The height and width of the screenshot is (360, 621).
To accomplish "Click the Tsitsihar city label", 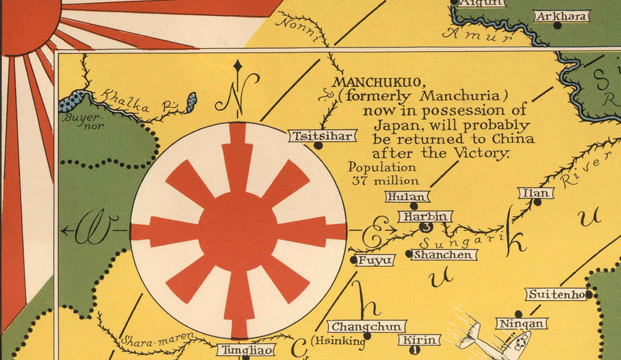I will [x=322, y=136].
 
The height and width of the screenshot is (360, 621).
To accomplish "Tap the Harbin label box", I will [x=425, y=217].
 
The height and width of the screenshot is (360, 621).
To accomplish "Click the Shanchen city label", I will [x=445, y=254].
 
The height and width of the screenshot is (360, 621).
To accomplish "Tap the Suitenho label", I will [x=557, y=294].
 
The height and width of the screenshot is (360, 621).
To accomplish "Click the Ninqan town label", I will [x=522, y=323].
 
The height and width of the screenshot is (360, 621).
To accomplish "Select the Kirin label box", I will [x=419, y=340].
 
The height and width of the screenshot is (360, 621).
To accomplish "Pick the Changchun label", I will [x=366, y=326].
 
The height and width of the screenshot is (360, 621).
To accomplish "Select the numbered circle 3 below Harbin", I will [x=426, y=227].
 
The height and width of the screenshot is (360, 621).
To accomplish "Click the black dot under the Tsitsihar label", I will [x=318, y=146].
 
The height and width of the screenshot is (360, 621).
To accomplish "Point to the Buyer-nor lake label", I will [x=77, y=121].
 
